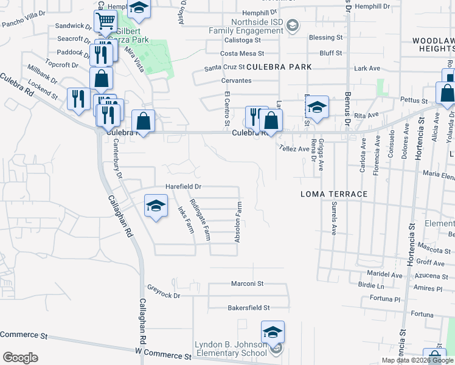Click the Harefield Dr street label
click(x=183, y=187)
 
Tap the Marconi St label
click(x=247, y=283)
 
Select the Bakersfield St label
click(x=248, y=308)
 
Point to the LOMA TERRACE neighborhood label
click(x=334, y=194)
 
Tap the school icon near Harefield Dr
click(x=156, y=206)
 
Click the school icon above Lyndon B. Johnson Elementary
click(x=273, y=332)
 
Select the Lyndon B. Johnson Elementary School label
click(x=231, y=349)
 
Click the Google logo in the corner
click(x=20, y=357)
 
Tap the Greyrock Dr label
click(x=164, y=296)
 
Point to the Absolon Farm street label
click(x=239, y=223)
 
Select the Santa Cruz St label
click(x=224, y=68)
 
